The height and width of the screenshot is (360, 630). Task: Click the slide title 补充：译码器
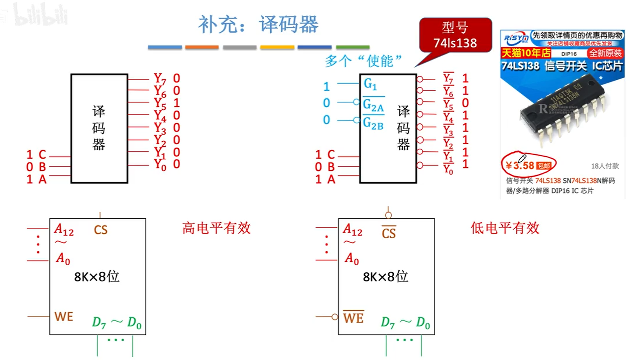pos(258,24)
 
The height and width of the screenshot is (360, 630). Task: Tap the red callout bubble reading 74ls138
pos(455,35)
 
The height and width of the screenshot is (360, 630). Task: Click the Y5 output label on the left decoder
pos(160,103)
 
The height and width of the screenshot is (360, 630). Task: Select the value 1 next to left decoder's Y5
pos(177,103)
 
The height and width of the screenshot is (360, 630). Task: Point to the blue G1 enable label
pos(370,84)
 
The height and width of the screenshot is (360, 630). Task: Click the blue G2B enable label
pos(373,123)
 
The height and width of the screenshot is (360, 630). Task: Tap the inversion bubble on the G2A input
pos(356,102)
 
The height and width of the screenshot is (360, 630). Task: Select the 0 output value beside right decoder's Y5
pos(465,103)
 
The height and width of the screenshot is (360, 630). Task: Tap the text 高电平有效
pos(216,228)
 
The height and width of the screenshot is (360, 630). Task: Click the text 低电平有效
pos(505,228)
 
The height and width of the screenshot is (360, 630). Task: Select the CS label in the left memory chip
pos(100,230)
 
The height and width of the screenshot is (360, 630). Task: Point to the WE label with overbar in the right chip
pos(353,318)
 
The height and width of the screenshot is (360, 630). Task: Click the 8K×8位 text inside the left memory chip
pos(97,277)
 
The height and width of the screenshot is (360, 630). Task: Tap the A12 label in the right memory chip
pos(352,230)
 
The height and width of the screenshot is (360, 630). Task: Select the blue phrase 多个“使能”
pos(363,61)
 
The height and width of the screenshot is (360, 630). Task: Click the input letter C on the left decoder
pos(42,154)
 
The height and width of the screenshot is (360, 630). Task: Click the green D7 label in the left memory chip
pos(99,322)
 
